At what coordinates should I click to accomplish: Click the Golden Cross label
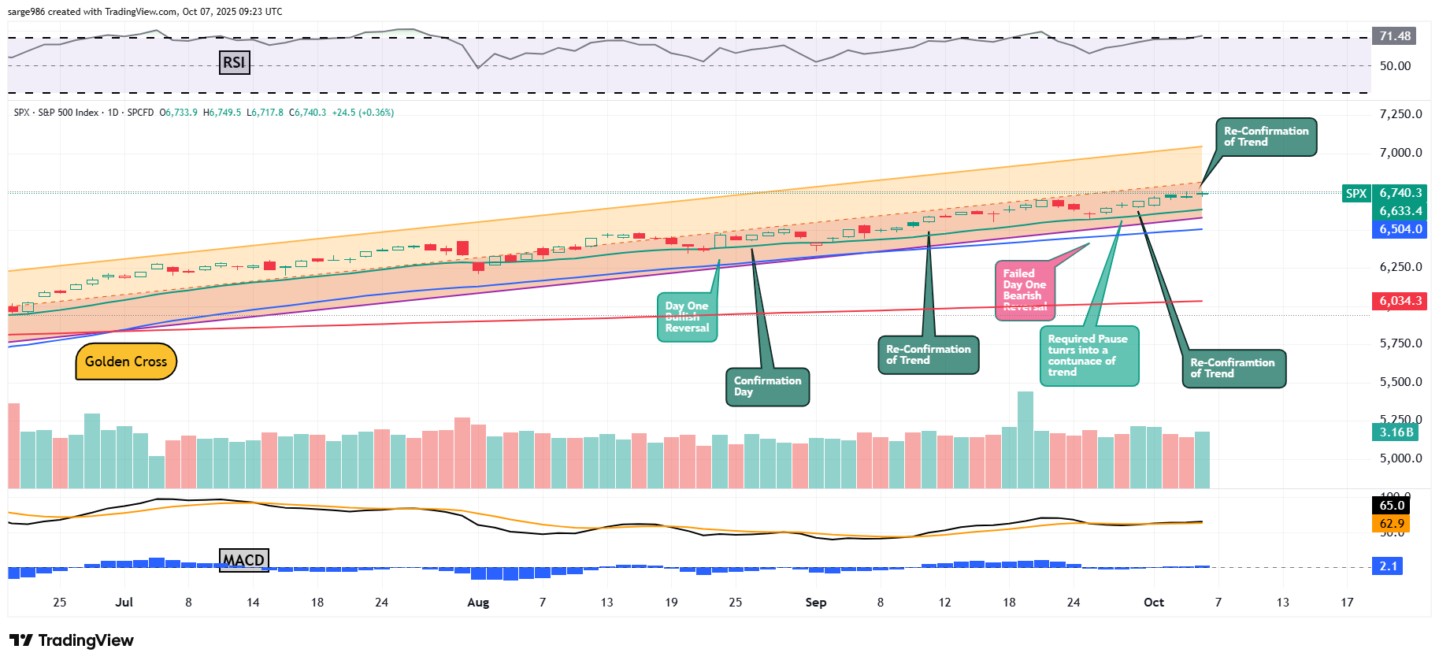pos(126,362)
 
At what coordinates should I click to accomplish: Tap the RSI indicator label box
pos(234,62)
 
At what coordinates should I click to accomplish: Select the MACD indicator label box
pos(243,560)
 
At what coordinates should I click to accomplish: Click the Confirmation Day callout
pos(767,387)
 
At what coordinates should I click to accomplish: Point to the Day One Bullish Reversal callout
pos(687,317)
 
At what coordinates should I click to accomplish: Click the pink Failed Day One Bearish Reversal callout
pos(1024,291)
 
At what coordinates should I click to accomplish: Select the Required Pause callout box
pos(1088,356)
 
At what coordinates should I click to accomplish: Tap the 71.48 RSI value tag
pos(1394,36)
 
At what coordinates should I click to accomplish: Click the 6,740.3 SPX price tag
pos(1400,193)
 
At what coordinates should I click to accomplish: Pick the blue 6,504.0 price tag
pos(1400,229)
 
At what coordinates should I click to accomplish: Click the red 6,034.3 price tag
pos(1400,301)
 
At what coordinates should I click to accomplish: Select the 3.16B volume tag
pos(1396,432)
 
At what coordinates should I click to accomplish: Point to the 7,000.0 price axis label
pos(1400,153)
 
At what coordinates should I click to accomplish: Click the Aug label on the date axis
pos(478,603)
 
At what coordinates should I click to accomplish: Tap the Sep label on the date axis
pos(816,603)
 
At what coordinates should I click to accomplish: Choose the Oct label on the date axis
pos(1154,603)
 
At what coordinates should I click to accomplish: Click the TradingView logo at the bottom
pos(72,640)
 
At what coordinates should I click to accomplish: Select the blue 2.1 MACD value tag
pos(1388,566)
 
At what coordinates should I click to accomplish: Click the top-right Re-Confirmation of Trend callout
pos(1266,137)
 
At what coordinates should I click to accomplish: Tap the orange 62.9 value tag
pos(1392,524)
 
